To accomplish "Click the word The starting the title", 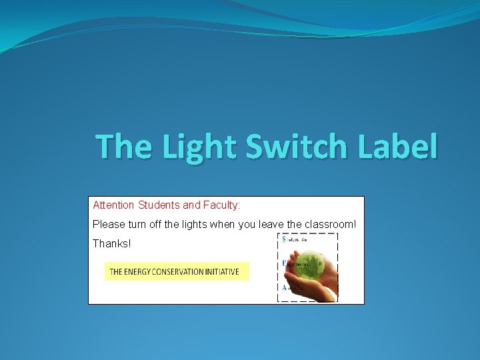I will click(x=123, y=147).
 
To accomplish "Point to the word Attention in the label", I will click(x=113, y=205).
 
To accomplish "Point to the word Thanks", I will click(x=112, y=244).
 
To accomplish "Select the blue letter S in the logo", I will click(x=285, y=239).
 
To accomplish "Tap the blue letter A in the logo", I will click(x=285, y=288).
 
